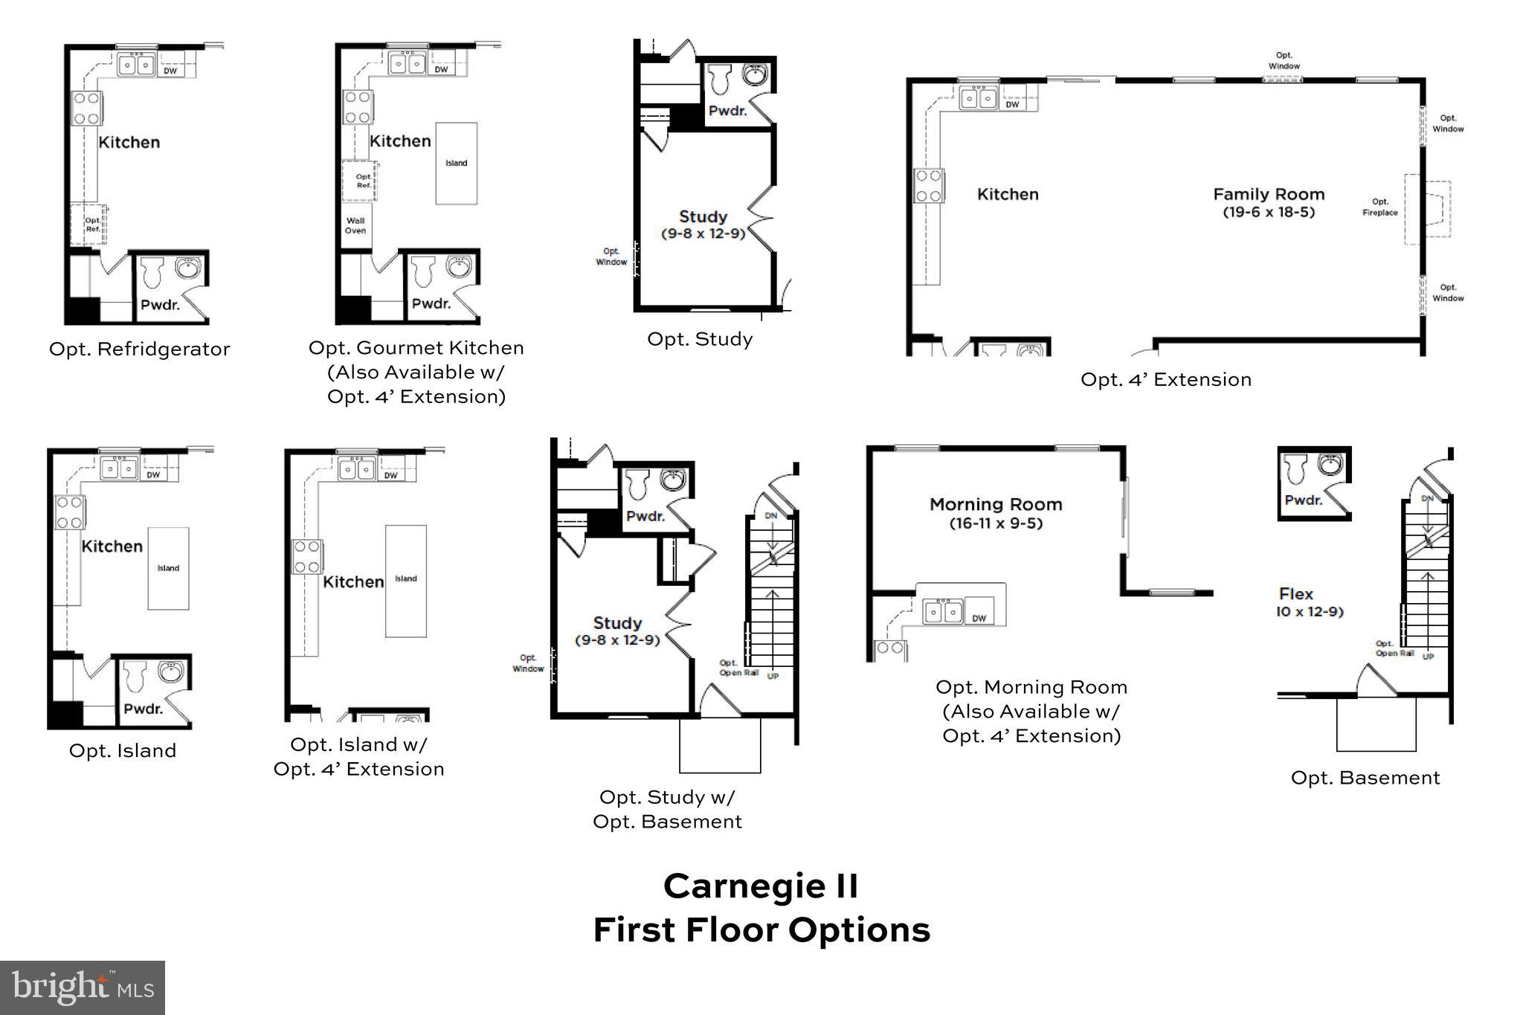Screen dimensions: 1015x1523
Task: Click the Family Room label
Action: tap(1269, 194)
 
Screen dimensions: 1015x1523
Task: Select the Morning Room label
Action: tap(996, 504)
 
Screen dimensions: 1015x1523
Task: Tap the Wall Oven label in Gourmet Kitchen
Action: tap(355, 225)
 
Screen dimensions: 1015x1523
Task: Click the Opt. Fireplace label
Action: tap(1380, 207)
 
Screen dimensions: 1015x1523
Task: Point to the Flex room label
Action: tap(1295, 594)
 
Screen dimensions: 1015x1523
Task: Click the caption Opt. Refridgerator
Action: tap(140, 349)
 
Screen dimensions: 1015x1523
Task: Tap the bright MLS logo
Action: tap(83, 987)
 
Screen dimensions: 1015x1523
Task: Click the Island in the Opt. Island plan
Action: tap(168, 568)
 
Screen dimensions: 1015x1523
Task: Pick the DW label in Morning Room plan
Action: tap(979, 618)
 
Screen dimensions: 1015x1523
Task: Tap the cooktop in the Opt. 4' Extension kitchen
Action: tap(928, 186)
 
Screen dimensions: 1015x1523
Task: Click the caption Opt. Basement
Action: tap(1365, 778)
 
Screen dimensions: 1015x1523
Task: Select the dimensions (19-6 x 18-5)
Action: tap(1269, 213)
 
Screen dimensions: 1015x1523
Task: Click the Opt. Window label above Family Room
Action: tap(1284, 60)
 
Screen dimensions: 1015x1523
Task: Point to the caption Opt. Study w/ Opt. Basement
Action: tap(667, 809)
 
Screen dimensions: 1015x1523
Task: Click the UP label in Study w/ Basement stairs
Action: tap(773, 676)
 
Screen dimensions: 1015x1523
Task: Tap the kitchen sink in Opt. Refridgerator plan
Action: tap(136, 65)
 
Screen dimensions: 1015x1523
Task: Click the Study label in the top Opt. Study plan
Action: tap(703, 216)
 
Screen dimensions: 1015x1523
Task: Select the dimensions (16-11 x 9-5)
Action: tap(996, 523)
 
